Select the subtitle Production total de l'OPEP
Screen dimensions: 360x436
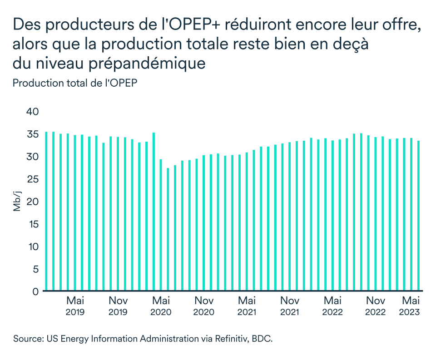point(75,83)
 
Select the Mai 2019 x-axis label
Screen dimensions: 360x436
point(75,306)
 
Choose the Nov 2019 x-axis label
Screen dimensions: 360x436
point(118,306)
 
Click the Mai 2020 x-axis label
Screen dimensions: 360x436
point(161,306)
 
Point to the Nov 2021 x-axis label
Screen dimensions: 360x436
point(289,306)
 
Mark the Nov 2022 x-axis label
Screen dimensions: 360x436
point(375,306)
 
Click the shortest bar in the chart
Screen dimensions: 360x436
point(168,229)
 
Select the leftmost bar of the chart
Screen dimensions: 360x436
point(46,211)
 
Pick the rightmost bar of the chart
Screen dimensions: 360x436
point(418,216)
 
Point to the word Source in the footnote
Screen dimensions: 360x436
point(27,339)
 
